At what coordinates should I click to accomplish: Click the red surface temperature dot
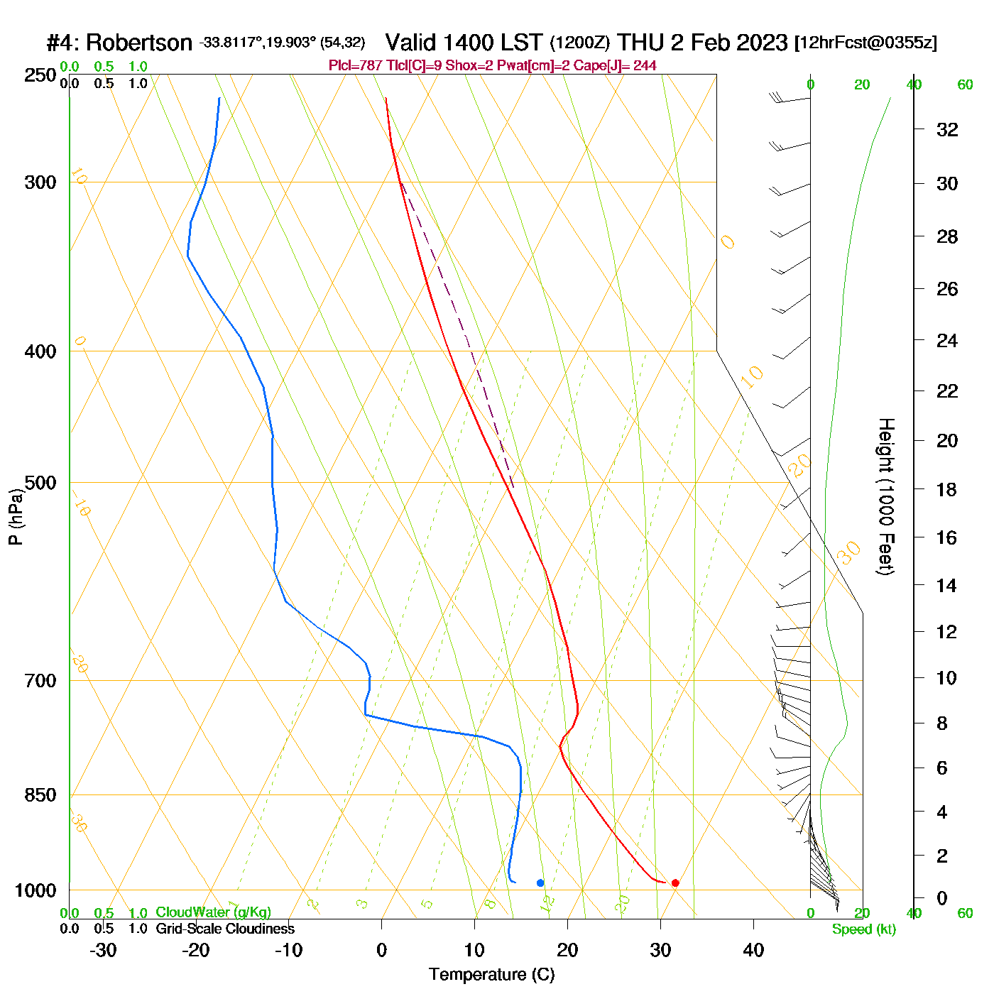coord(674,883)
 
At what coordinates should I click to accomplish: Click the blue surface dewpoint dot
coord(540,883)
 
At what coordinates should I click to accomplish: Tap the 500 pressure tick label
coord(40,483)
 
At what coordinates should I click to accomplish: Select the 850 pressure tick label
coord(40,794)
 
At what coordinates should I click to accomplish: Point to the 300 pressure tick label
coord(40,182)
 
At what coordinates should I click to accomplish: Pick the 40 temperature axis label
coord(753,950)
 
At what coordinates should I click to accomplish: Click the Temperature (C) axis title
coord(491,975)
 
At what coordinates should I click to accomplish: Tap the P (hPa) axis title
coord(16,516)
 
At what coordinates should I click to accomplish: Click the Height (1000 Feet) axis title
coord(886,496)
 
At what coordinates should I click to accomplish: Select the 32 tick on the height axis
coord(947,129)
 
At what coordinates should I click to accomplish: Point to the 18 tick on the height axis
coord(947,489)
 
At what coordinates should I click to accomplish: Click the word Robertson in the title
coord(139,43)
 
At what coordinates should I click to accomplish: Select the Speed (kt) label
coord(864,929)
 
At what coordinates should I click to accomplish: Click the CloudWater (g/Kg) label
coord(214,912)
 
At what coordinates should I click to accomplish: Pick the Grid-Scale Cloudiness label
coord(225,929)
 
